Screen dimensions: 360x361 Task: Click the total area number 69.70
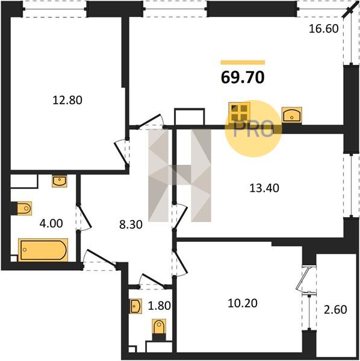(x=243, y=78)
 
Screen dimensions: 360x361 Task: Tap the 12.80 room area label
(x=67, y=100)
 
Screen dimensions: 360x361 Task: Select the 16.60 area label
(x=324, y=29)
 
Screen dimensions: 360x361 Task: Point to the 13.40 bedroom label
(x=264, y=188)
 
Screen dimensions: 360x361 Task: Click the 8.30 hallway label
(x=131, y=224)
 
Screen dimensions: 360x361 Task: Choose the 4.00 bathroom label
(x=51, y=223)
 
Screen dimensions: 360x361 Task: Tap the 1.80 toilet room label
(x=159, y=306)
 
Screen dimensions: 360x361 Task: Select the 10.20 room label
(x=243, y=303)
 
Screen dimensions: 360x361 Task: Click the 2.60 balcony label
(x=335, y=310)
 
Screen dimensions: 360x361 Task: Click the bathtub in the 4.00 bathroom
(x=43, y=250)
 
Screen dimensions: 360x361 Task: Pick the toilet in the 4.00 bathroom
(x=24, y=208)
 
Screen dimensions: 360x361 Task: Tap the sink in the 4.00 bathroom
(x=60, y=181)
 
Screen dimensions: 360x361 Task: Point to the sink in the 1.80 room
(x=135, y=306)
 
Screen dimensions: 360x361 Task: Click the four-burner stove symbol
(x=240, y=113)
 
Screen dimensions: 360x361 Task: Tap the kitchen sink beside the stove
(x=292, y=115)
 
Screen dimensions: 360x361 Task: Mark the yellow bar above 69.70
(x=243, y=63)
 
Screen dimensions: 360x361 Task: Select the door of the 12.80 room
(x=122, y=152)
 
